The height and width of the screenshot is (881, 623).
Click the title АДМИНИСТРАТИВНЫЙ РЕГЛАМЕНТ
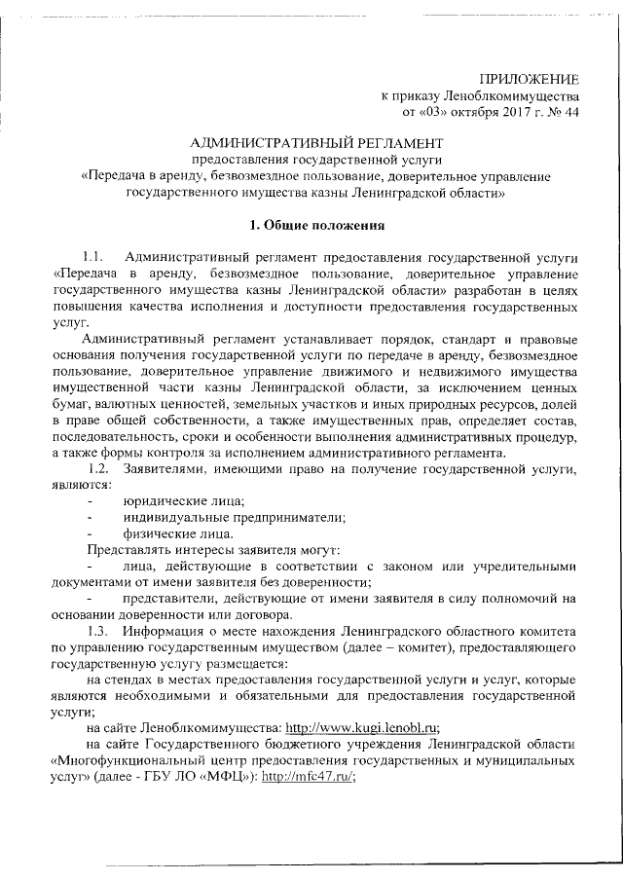pyautogui.click(x=311, y=143)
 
